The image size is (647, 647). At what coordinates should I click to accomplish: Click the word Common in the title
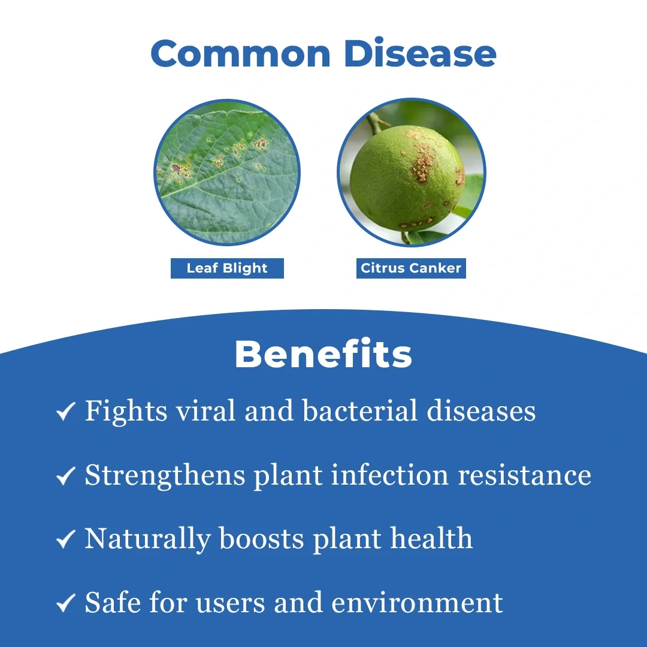click(x=241, y=53)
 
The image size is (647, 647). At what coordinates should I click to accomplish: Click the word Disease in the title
click(x=420, y=52)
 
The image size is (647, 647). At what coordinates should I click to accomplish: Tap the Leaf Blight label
click(x=228, y=268)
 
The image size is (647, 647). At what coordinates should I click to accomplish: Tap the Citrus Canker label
click(x=411, y=268)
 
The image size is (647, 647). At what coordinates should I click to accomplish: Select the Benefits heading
click(x=323, y=353)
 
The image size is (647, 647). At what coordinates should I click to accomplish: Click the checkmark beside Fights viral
click(x=66, y=412)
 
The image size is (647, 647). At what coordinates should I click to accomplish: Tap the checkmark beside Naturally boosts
click(x=66, y=539)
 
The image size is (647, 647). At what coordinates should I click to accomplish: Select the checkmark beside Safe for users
click(x=66, y=603)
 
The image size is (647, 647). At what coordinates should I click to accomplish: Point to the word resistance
click(x=525, y=475)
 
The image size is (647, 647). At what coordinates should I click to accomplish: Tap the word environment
click(x=417, y=603)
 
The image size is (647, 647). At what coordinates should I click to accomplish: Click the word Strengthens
click(x=165, y=476)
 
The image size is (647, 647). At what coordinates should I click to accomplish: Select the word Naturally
click(x=148, y=539)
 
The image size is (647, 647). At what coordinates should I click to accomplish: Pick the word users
click(x=230, y=604)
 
